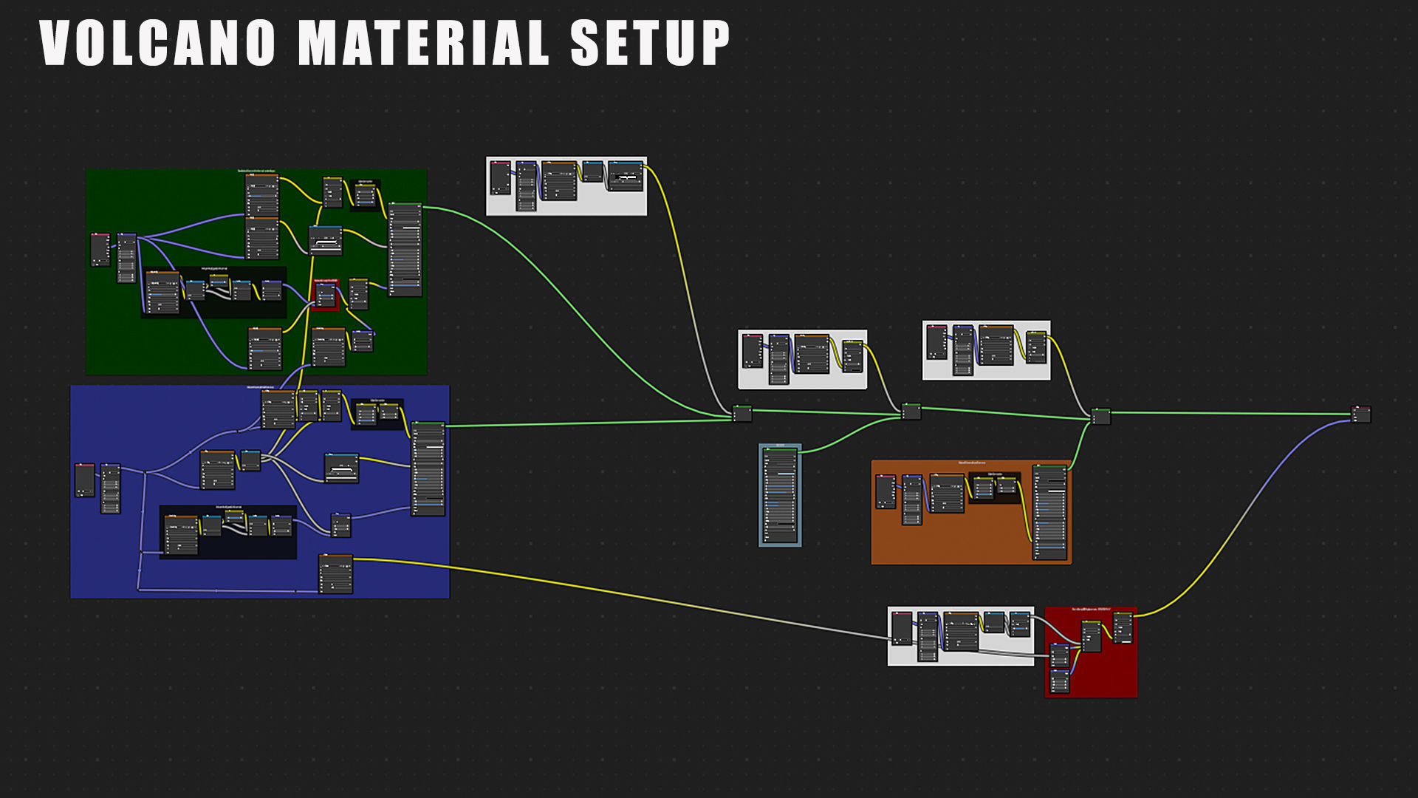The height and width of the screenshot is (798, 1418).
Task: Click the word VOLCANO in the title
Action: (x=157, y=43)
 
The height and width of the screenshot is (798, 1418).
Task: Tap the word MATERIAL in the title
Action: (x=423, y=43)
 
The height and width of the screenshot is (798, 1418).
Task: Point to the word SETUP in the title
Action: (x=650, y=43)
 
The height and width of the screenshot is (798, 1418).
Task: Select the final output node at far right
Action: (x=1360, y=415)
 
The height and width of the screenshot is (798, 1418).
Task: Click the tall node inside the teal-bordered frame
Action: (x=780, y=495)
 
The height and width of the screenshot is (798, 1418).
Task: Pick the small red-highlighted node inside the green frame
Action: (x=326, y=294)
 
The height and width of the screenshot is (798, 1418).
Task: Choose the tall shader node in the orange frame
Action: (x=1049, y=511)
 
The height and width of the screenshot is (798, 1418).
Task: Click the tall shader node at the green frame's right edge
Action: (x=405, y=250)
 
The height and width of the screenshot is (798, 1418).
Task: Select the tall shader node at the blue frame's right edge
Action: (x=428, y=468)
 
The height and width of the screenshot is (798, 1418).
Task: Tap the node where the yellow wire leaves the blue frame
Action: (x=335, y=574)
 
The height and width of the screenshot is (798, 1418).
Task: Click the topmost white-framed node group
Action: (x=566, y=186)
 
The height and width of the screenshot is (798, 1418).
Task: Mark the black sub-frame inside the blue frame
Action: (x=227, y=532)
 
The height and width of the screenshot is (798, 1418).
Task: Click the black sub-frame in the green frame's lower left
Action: (x=213, y=293)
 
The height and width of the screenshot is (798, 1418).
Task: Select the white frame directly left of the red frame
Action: (x=960, y=636)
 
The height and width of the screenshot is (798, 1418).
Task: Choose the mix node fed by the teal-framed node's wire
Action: (x=911, y=412)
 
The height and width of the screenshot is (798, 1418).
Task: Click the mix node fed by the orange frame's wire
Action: (x=1100, y=417)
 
